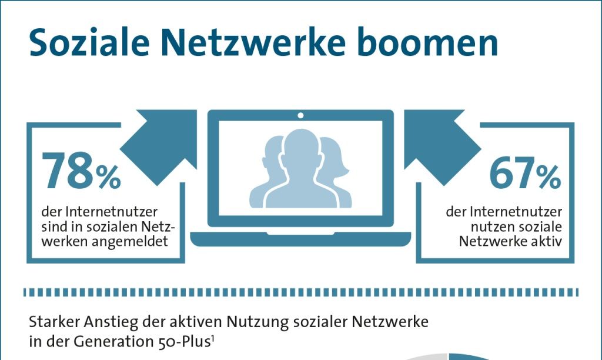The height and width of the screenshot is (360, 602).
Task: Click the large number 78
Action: point(66,172)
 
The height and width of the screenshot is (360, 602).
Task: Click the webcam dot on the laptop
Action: point(300,114)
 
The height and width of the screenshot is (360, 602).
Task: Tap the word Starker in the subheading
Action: point(51,322)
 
